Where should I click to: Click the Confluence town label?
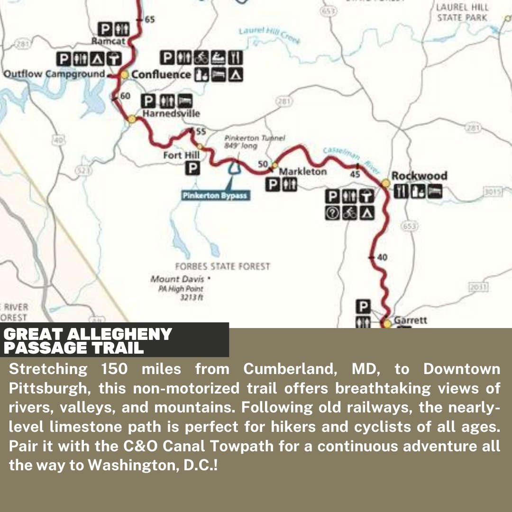161,74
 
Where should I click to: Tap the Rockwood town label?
419,176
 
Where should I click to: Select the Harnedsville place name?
171,114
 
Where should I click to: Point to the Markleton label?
302,172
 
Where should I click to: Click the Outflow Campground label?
54,74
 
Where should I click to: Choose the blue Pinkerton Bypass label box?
215,195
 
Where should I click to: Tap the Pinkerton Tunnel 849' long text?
255,142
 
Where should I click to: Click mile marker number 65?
150,19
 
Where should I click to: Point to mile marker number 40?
382,257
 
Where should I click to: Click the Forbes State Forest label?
222,266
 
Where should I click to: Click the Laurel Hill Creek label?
269,35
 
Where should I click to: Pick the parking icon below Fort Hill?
192,168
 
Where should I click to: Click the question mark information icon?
333,213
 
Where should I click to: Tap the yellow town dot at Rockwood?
385,183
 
